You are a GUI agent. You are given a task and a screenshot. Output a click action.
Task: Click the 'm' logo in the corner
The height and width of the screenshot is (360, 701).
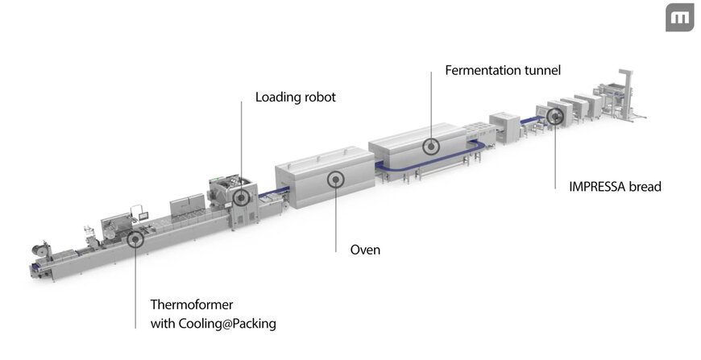click(x=679, y=18)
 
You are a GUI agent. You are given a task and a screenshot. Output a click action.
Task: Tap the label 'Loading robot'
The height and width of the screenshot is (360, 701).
click(x=295, y=97)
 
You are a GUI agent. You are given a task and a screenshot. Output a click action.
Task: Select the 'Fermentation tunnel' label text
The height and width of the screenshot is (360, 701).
click(x=503, y=71)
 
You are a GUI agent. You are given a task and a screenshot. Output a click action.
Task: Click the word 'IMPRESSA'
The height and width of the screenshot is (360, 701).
click(x=592, y=187)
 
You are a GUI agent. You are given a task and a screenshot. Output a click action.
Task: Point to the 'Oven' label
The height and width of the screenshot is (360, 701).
click(x=365, y=250)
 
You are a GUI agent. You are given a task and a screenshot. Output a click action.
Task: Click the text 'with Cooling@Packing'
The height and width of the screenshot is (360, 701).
click(x=214, y=324)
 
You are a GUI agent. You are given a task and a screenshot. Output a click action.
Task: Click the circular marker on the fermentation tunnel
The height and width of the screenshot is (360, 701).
click(x=432, y=147)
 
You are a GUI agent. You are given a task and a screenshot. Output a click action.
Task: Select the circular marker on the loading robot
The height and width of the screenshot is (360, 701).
click(x=241, y=197)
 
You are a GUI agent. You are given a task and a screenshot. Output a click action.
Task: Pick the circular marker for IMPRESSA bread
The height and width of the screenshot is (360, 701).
click(x=554, y=117)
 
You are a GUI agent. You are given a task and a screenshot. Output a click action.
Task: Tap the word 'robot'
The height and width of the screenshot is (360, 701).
click(x=319, y=97)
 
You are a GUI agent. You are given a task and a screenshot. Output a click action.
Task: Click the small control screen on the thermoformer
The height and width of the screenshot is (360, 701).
click(x=138, y=212)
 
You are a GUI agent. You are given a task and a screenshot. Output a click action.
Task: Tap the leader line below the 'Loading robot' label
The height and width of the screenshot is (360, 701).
click(x=241, y=145)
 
